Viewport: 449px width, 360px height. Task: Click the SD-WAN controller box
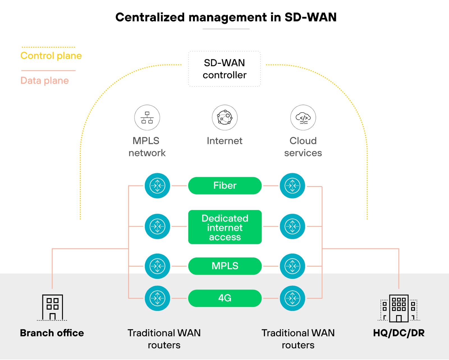click(x=224, y=69)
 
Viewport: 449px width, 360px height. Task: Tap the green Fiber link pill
click(x=225, y=186)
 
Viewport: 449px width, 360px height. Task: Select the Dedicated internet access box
click(x=225, y=227)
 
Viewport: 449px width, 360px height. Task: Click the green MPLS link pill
click(x=225, y=266)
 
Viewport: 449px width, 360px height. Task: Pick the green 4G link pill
click(x=225, y=298)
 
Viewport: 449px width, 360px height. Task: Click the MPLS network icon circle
click(x=147, y=118)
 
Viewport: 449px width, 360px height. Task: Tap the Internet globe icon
click(x=225, y=118)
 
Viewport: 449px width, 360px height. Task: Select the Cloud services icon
click(x=303, y=118)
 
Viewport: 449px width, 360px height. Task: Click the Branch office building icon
click(x=52, y=307)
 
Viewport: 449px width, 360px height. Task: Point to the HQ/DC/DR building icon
click(x=399, y=308)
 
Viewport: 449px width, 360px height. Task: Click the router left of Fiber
click(x=157, y=186)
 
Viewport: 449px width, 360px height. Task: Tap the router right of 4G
click(x=292, y=298)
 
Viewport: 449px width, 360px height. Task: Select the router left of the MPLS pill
click(x=157, y=266)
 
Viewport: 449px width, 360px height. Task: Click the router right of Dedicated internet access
click(x=292, y=226)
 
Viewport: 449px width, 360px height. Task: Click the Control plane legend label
click(x=51, y=56)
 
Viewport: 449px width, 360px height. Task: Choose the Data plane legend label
click(x=45, y=81)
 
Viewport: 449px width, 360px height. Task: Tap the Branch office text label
click(x=52, y=333)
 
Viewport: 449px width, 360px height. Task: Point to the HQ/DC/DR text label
click(x=399, y=333)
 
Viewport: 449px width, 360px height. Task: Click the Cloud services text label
click(x=303, y=147)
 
